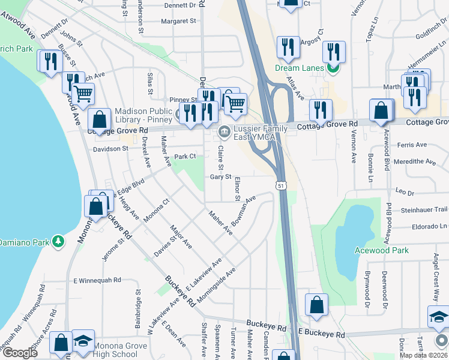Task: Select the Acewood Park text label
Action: (381, 250)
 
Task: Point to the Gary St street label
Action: (221, 176)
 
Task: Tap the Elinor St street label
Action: (237, 189)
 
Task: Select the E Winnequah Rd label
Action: (97, 280)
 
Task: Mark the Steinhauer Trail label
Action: (424, 209)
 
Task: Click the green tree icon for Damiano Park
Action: (58, 241)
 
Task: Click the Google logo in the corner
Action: (20, 353)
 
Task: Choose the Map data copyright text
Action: (424, 355)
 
